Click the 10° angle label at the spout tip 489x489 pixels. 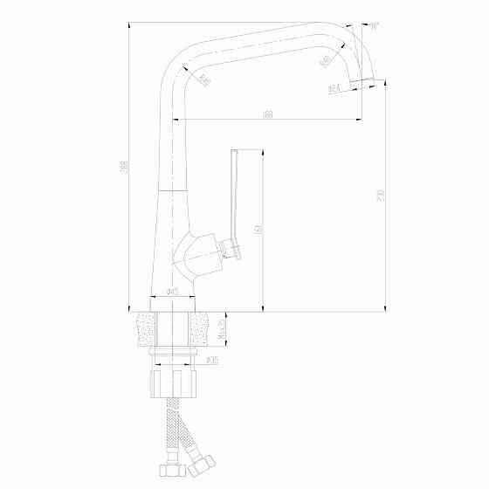point(374,27)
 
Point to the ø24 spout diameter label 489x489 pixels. point(334,89)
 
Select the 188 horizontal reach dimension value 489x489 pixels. point(267,114)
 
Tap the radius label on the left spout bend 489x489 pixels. point(204,81)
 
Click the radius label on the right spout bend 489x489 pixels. point(326,61)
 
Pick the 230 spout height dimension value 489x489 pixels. point(381,194)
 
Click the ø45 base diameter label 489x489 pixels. point(172,291)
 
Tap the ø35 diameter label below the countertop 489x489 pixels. point(211,359)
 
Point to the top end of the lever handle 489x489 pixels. point(234,153)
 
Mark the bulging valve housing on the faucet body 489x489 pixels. point(194,252)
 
